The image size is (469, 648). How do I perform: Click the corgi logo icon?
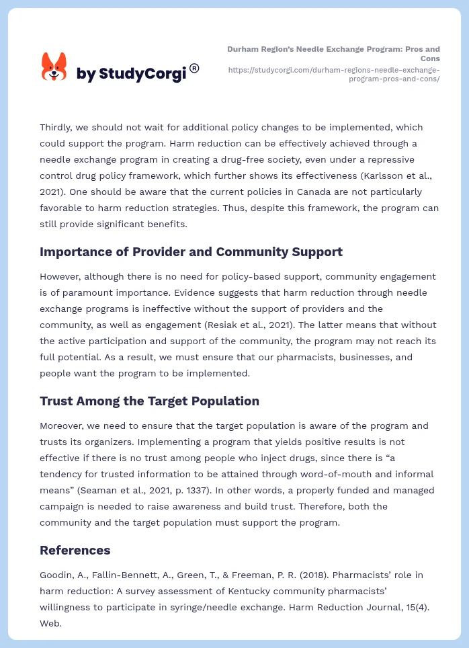tap(54, 67)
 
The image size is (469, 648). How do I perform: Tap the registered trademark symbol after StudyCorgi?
tap(194, 68)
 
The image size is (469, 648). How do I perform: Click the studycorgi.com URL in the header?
tap(334, 74)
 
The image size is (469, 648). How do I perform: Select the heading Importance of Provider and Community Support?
tap(191, 252)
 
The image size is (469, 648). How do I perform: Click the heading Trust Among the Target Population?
tap(149, 401)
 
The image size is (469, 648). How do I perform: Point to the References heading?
tap(75, 551)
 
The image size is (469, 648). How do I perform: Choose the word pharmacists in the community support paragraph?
tap(267, 357)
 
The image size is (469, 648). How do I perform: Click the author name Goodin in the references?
tap(56, 575)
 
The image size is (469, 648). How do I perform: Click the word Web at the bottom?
tap(50, 623)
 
